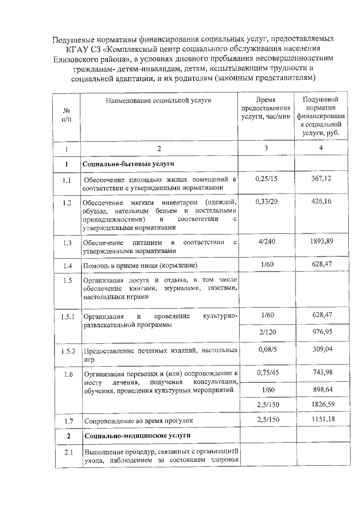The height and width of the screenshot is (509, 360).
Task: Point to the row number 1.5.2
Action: click(67, 352)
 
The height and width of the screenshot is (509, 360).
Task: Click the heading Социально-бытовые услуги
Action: click(118, 164)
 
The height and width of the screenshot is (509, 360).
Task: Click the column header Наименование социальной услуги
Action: click(158, 100)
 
